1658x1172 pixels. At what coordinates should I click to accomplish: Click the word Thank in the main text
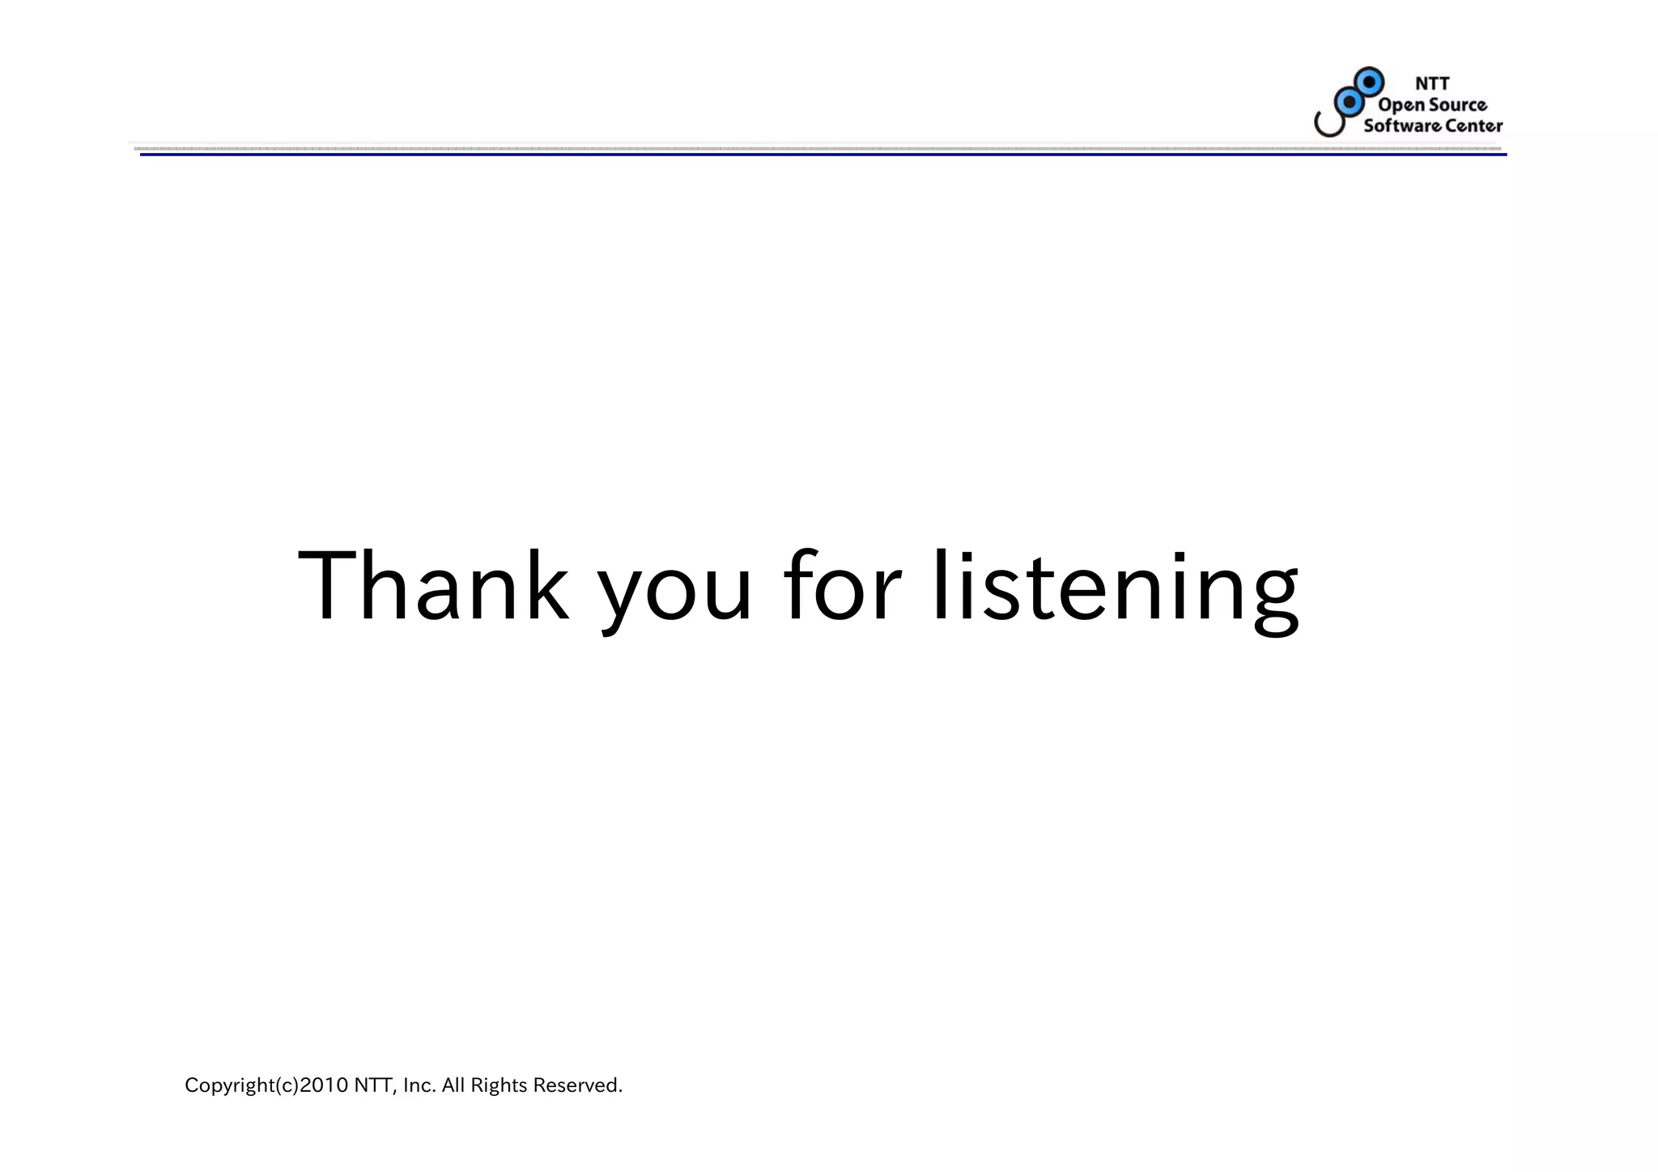[433, 586]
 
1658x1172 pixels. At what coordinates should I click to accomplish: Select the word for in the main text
[842, 586]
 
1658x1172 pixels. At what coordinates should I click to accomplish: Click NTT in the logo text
[1431, 83]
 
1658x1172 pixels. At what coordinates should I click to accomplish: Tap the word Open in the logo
[1401, 105]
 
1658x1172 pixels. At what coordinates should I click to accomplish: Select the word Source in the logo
[1457, 104]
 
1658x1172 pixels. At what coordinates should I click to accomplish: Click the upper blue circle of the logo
[1369, 82]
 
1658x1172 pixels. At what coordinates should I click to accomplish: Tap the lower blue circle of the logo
[1348, 101]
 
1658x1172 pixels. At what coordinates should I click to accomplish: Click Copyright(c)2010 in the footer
[266, 1085]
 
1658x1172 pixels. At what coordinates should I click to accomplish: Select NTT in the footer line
[374, 1085]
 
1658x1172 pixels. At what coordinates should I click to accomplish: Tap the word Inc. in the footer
[419, 1085]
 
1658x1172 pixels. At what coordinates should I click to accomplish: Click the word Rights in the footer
[498, 1085]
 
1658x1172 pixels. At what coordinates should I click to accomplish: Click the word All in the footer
[453, 1085]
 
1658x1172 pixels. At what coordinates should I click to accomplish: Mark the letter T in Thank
[327, 586]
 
